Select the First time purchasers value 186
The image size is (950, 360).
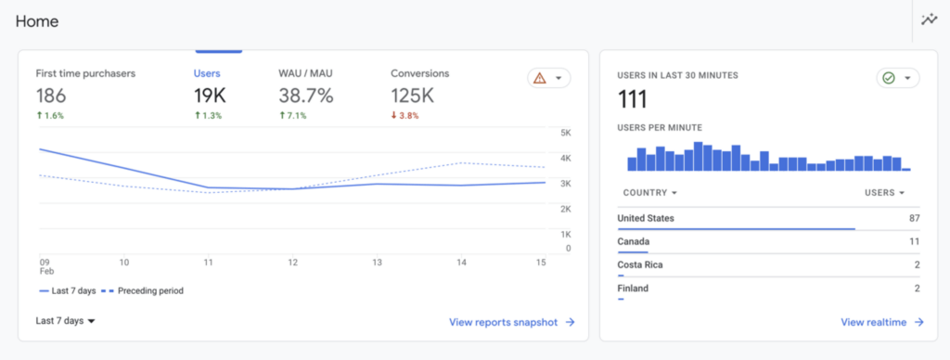[51, 95]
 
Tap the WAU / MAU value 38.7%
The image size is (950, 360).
[306, 95]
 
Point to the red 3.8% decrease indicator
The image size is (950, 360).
[406, 116]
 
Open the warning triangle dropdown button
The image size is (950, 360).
[548, 79]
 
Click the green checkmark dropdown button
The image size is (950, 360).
[897, 79]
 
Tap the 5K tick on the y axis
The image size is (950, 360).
[565, 133]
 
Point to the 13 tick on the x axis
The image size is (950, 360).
[377, 263]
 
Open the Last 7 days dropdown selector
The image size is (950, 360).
[66, 321]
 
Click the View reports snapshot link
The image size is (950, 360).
[511, 322]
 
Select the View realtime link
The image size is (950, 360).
[881, 322]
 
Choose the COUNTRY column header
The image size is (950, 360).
[647, 193]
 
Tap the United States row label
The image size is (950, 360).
[646, 219]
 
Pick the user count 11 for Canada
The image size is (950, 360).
[913, 241]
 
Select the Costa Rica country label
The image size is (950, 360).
[639, 264]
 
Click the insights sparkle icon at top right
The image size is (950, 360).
[929, 19]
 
